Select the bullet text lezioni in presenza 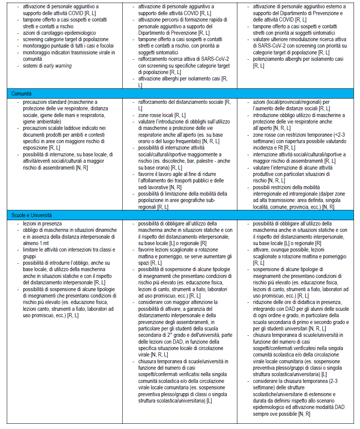[42, 224]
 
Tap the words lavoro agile [171, 174]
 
